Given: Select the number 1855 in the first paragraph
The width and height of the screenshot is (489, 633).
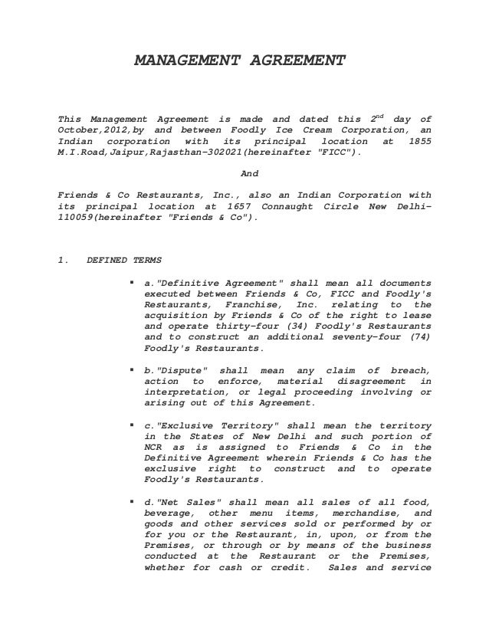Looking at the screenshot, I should (x=418, y=142).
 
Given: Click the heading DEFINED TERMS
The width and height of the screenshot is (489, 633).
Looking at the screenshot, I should (x=119, y=260).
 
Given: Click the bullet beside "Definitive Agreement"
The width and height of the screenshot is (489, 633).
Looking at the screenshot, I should (x=133, y=282).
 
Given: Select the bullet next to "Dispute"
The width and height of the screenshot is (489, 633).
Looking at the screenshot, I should (x=133, y=370).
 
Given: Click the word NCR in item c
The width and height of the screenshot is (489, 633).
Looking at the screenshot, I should (x=155, y=447).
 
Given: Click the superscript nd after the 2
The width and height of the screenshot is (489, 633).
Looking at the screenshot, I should (x=380, y=116).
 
